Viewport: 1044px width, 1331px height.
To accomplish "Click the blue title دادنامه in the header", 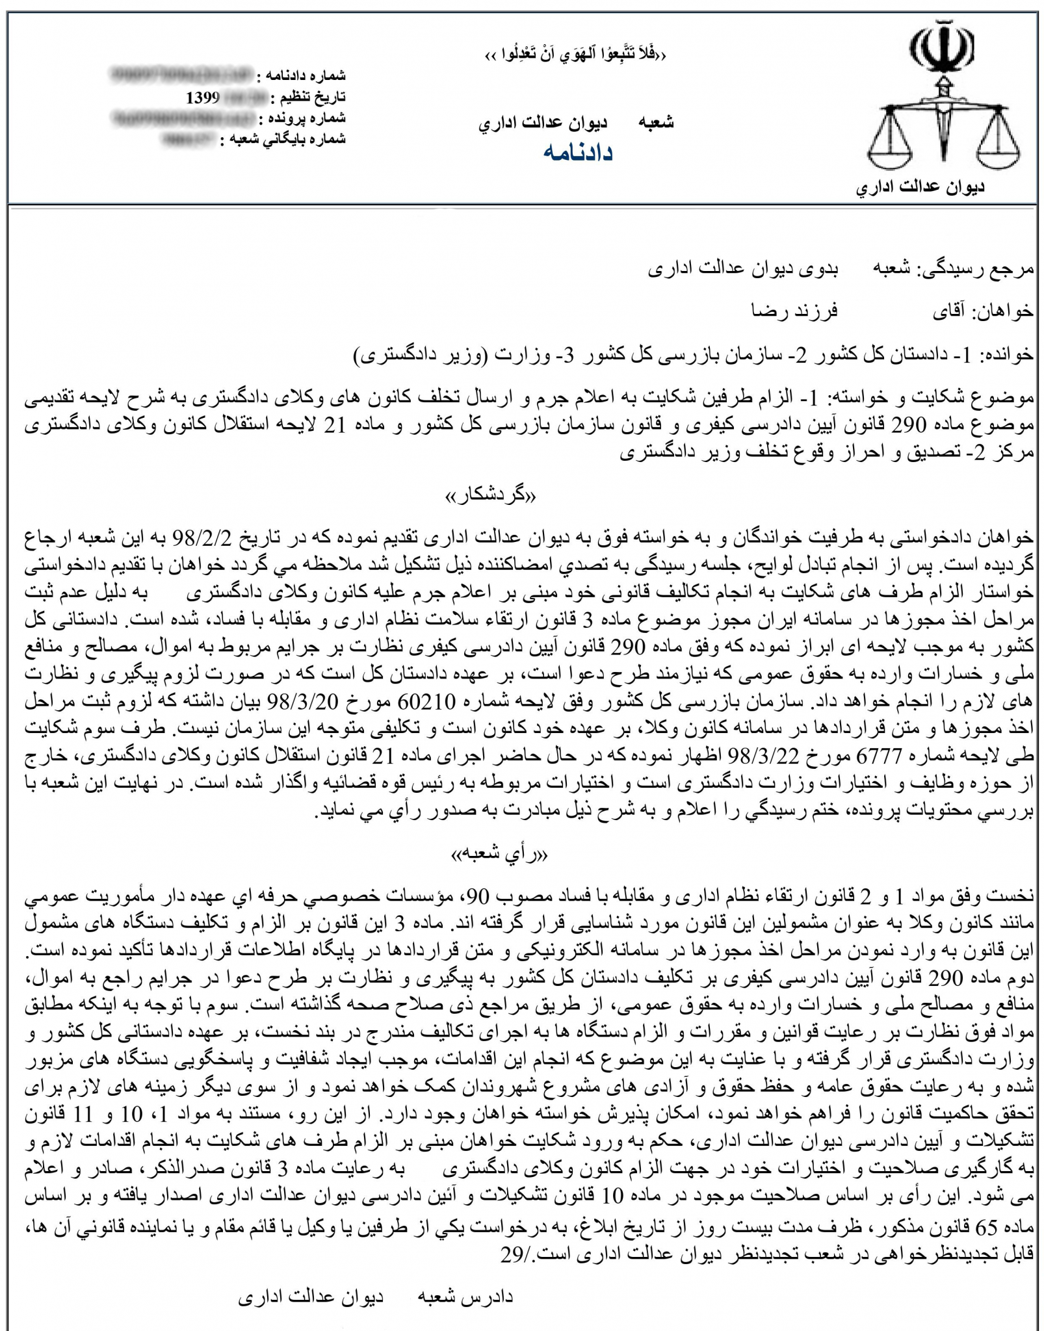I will [x=579, y=153].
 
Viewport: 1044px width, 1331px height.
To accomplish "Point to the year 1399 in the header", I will [x=203, y=99].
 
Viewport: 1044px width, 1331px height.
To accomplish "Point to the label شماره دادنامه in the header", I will [x=300, y=77].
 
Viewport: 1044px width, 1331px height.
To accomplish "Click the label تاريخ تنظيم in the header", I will [x=308, y=98].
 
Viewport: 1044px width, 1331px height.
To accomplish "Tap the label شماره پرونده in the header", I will [x=302, y=119].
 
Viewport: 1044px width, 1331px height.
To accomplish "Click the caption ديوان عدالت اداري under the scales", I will [x=920, y=188].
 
